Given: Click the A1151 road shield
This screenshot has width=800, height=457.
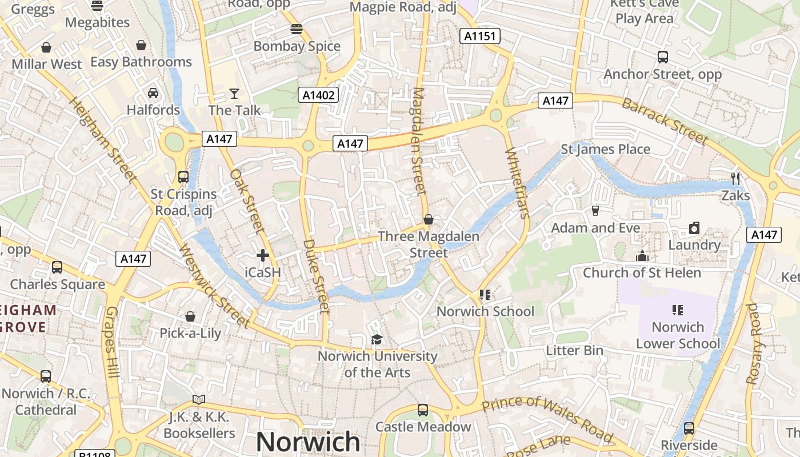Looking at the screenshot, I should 480,37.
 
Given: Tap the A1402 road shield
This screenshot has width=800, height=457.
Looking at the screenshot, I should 318,95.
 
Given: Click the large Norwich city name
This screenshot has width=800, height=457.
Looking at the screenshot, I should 308,442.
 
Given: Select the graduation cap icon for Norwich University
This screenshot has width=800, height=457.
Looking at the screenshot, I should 376,340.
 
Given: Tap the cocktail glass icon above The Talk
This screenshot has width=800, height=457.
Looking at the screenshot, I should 234,93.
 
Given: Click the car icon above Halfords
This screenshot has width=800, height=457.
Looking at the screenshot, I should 153,93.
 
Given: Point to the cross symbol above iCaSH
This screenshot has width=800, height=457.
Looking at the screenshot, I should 263,255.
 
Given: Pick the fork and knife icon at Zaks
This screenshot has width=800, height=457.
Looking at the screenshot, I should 735,179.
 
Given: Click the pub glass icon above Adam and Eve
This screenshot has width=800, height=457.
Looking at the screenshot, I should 595,211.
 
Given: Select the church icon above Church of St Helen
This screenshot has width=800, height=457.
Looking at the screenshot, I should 642,256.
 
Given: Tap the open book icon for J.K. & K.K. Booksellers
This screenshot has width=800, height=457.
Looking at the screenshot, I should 198,399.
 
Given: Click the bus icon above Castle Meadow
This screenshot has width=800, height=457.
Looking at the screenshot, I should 422,410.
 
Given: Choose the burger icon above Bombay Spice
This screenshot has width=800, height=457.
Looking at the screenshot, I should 296,29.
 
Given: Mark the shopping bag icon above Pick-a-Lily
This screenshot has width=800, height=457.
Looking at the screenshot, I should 190,316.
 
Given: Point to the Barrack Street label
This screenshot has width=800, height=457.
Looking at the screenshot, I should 665,121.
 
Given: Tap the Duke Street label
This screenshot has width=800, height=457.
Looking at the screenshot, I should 316,276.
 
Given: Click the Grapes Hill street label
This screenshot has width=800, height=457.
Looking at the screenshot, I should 112,342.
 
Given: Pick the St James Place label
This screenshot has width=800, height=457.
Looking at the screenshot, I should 605,150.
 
